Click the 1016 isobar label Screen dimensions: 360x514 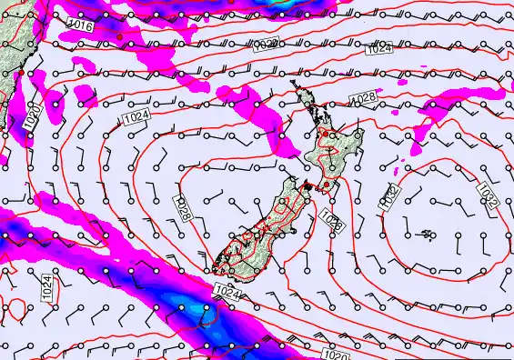pyautogui.click(x=81, y=27)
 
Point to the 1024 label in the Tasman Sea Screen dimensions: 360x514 pyautogui.click(x=137, y=117)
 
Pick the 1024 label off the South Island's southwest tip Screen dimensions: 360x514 pyautogui.click(x=227, y=290)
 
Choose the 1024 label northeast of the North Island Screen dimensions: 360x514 pyautogui.click(x=380, y=49)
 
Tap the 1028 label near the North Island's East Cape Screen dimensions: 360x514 pyautogui.click(x=363, y=97)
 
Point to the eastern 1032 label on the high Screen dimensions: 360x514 pyautogui.click(x=487, y=194)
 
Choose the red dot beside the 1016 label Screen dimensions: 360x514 pyautogui.click(x=118, y=35)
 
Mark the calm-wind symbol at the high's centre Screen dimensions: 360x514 pyautogui.click(x=427, y=235)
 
